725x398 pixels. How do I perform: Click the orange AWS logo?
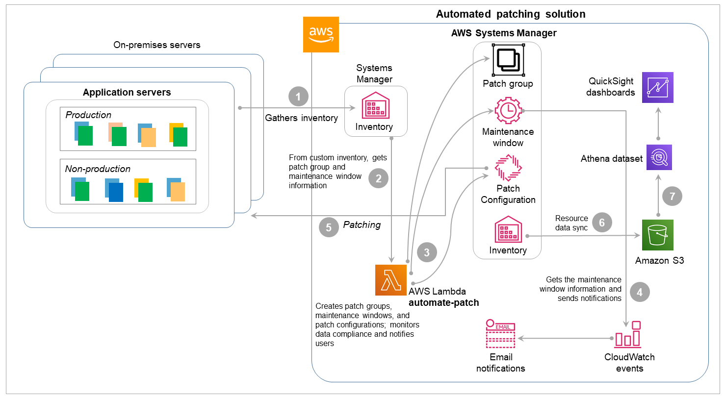pyautogui.click(x=321, y=34)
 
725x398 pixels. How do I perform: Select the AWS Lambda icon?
pyautogui.click(x=391, y=280)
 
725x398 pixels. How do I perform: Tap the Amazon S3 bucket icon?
pyautogui.click(x=658, y=235)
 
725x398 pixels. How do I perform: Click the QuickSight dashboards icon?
pyautogui.click(x=658, y=87)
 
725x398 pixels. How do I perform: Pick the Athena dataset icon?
pyautogui.click(x=658, y=157)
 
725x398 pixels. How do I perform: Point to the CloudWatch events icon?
pyautogui.click(x=628, y=334)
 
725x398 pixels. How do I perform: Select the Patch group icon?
pyautogui.click(x=508, y=60)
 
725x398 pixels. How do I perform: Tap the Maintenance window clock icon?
pyautogui.click(x=508, y=111)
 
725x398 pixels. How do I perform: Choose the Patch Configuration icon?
pyautogui.click(x=508, y=168)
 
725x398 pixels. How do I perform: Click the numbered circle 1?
pyautogui.click(x=299, y=97)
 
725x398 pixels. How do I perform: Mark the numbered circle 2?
pyautogui.click(x=378, y=179)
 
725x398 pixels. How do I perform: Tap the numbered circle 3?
pyautogui.click(x=427, y=252)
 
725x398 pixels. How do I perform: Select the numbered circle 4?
pyautogui.click(x=640, y=293)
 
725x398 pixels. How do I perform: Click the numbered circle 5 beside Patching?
pyautogui.click(x=329, y=227)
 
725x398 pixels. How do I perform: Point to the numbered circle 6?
pyautogui.click(x=602, y=222)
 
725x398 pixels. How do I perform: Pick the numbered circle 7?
pyautogui.click(x=672, y=197)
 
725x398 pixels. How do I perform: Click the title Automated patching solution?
pyautogui.click(x=511, y=14)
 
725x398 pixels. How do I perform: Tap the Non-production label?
pyautogui.click(x=98, y=169)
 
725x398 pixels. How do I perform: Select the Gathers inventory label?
pyautogui.click(x=301, y=118)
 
